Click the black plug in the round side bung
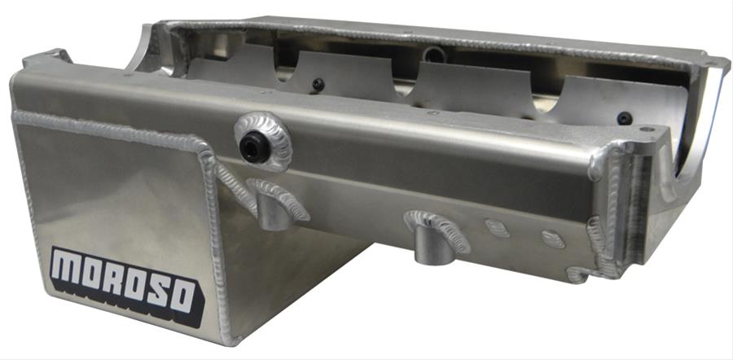(x=255, y=147)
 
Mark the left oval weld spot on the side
(x=497, y=228)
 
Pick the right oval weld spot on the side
(x=553, y=239)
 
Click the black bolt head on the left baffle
(x=318, y=85)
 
